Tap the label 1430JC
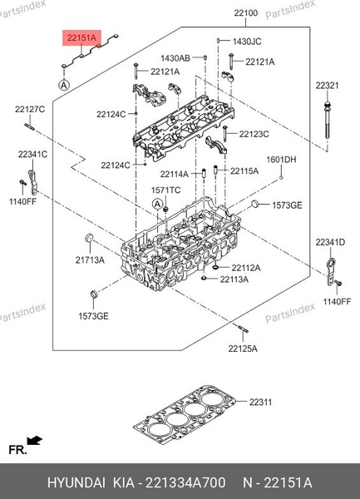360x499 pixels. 247,41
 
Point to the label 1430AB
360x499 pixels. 175,58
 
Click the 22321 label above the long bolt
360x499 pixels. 327,86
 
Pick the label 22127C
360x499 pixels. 29,109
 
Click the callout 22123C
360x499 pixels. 254,134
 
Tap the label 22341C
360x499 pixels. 32,154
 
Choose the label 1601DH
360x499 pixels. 281,160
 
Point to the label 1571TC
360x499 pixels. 165,190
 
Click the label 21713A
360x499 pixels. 91,260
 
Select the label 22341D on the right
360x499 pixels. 329,242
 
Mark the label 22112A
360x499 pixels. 245,268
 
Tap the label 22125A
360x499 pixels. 243,348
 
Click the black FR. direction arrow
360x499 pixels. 34,440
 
